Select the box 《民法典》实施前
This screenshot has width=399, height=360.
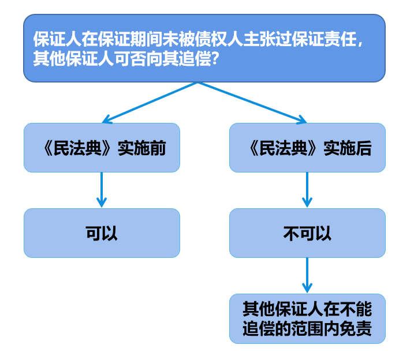pos(102,148)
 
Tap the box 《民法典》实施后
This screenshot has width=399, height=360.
pos(307,148)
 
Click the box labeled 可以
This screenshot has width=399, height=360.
pos(102,233)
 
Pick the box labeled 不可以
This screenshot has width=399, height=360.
pos(307,233)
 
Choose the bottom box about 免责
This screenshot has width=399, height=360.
pos(307,318)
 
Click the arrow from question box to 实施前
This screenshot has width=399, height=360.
pos(150,103)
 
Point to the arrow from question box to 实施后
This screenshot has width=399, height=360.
pos(252,103)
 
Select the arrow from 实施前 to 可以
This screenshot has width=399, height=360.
pos(102,190)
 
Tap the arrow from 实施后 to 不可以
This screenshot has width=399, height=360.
pos(307,190)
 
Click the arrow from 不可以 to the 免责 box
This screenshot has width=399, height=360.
pos(307,275)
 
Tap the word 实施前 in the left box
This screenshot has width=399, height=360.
pos(141,148)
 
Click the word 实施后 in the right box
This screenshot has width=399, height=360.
pos(347,148)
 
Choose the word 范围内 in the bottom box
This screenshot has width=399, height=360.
pos(315,329)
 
